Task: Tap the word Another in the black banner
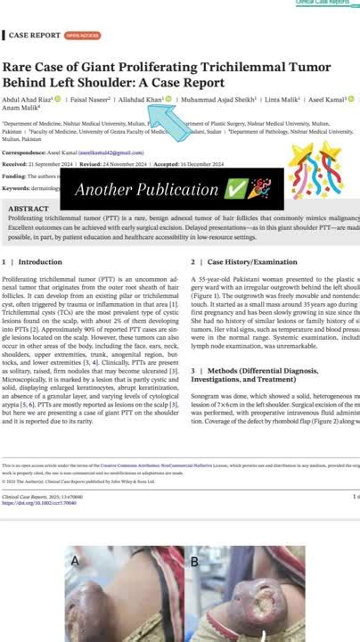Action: point(102,190)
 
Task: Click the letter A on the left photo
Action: point(75,561)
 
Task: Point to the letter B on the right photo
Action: point(194,562)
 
